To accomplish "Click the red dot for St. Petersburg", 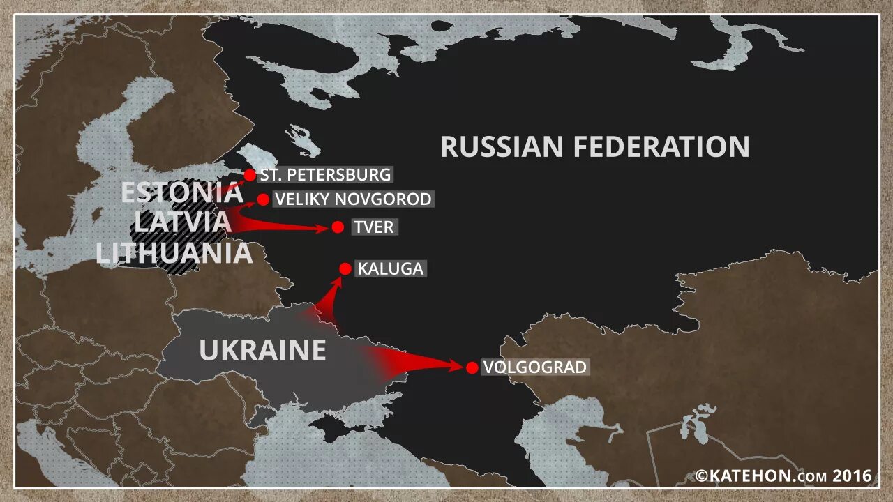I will coord(250,175).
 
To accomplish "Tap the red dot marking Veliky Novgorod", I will coord(263,200).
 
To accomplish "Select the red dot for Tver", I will coord(338,227).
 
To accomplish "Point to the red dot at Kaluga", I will coord(345,268).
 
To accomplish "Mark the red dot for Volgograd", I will coord(472,367).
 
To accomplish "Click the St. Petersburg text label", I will coord(325,174).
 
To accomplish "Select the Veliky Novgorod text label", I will coord(353,199).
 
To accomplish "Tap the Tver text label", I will coord(374,227).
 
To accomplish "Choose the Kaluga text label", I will coord(391,268).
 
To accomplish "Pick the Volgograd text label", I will coord(535,367).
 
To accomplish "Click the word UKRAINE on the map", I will coord(262,350).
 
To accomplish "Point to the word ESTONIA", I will coord(181,192).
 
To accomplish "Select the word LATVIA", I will coord(182,222).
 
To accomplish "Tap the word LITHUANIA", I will coord(174,253).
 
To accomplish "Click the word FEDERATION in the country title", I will coord(661,147).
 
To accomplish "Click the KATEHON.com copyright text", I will coord(783,476).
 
